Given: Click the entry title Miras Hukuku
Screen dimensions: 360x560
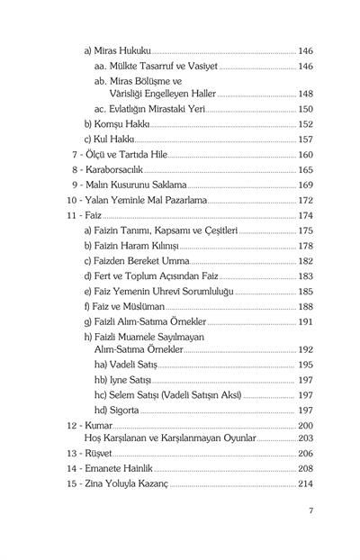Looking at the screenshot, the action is [117, 52].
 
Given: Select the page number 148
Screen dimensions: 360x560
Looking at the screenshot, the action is [305, 93].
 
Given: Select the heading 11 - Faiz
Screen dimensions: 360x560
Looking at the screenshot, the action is [85, 216].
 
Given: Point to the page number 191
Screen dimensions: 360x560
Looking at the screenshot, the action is [305, 321].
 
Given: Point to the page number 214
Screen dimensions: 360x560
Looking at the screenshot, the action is [305, 484].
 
